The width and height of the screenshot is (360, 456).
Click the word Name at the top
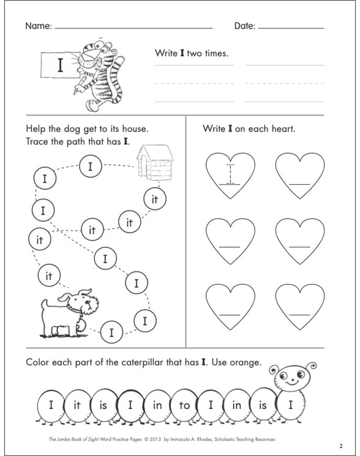tap(38, 26)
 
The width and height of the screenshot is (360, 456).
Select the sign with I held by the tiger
tap(59, 67)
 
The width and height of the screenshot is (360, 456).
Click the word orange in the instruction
tap(246, 362)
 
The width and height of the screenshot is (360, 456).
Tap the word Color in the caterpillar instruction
tap(38, 362)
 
